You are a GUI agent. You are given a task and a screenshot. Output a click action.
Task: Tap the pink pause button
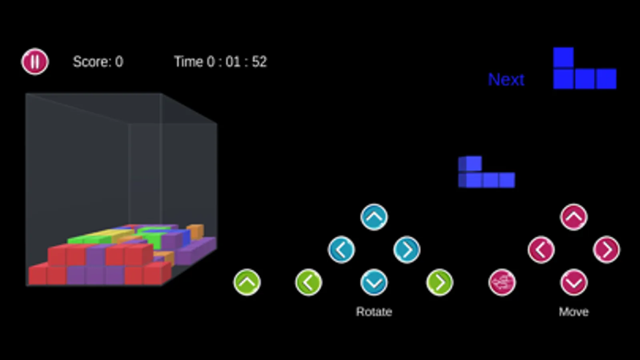pyautogui.click(x=35, y=61)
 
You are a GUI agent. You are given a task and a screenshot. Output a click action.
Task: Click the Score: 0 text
pyautogui.click(x=98, y=62)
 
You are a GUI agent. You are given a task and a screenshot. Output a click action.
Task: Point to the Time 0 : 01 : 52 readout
pyautogui.click(x=220, y=62)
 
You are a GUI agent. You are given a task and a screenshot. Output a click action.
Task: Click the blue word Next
pyautogui.click(x=506, y=79)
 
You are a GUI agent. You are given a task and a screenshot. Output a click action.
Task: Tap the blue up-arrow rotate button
pyautogui.click(x=374, y=217)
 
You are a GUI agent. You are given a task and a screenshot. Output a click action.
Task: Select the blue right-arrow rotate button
pyautogui.click(x=407, y=250)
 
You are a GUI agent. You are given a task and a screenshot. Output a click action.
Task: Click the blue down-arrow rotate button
pyautogui.click(x=374, y=282)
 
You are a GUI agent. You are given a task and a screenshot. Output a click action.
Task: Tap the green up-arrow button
pyautogui.click(x=247, y=282)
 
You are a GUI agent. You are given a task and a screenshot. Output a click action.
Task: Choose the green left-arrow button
pyautogui.click(x=309, y=282)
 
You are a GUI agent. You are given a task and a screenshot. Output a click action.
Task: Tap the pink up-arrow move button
pyautogui.click(x=574, y=217)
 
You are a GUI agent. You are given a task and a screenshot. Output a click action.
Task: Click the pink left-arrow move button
pyautogui.click(x=541, y=250)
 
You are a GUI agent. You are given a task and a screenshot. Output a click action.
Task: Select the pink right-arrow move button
pyautogui.click(x=606, y=250)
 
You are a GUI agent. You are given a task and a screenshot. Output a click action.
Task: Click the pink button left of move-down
pyautogui.click(x=502, y=282)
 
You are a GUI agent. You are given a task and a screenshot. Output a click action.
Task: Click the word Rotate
pyautogui.click(x=374, y=312)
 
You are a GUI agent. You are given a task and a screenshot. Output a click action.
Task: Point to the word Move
pyautogui.click(x=574, y=312)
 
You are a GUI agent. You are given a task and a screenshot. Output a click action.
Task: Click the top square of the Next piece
pyautogui.click(x=564, y=58)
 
